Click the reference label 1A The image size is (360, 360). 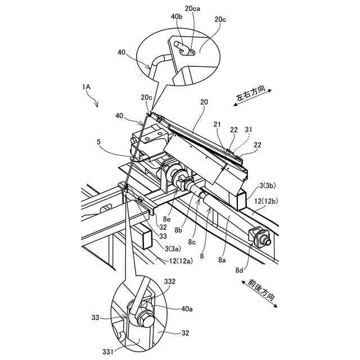pos(86,87)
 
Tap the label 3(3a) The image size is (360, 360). pos(168,248)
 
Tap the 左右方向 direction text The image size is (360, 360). pos(254,94)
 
